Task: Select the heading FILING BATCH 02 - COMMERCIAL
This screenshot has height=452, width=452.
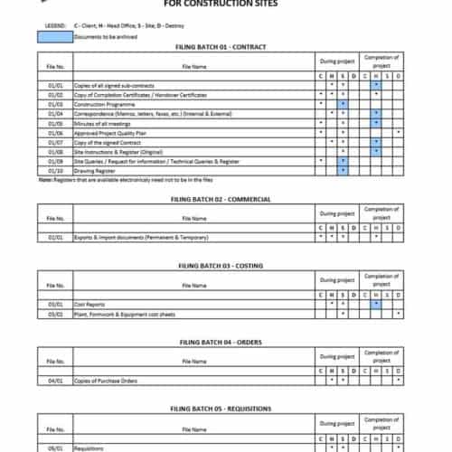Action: [x=225, y=198]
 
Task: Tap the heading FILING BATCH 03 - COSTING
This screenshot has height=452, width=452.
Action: [x=225, y=267]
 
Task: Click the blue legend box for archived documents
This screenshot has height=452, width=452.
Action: [x=55, y=37]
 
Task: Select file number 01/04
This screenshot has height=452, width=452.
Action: [x=56, y=115]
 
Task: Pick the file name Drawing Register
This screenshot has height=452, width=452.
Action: [x=93, y=169]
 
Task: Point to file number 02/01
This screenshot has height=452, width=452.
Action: [x=56, y=238]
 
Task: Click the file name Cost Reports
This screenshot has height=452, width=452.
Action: [x=89, y=304]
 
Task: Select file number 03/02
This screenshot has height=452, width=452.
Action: [x=56, y=313]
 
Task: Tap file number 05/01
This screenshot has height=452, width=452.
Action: [x=56, y=447]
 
